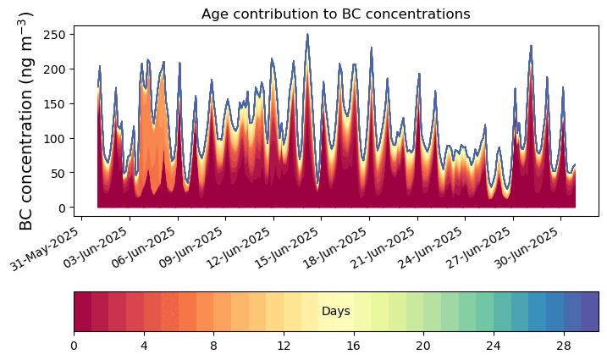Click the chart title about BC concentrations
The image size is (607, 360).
click(335, 14)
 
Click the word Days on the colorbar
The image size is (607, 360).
click(336, 312)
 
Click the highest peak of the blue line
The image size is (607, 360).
click(307, 35)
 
